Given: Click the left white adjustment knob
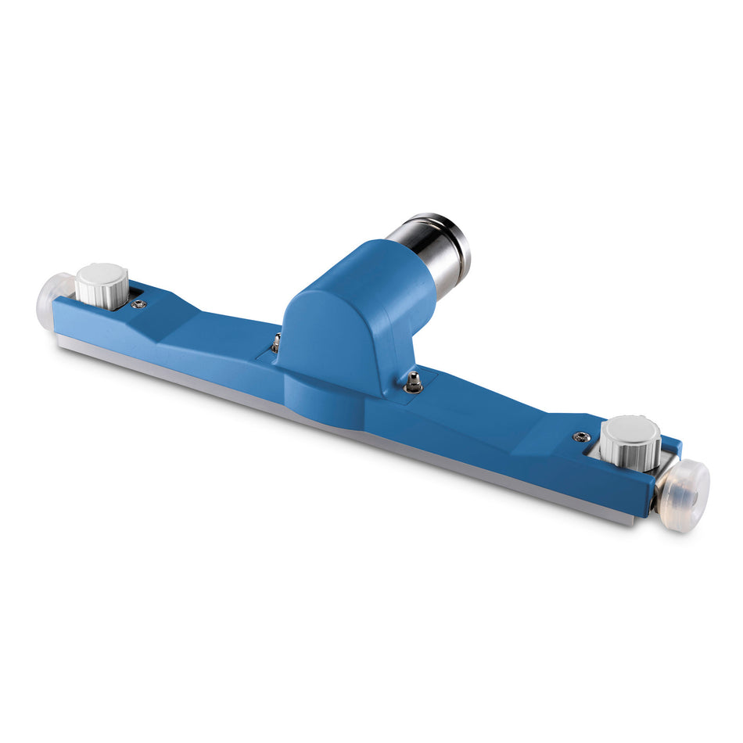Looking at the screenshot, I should pyautogui.click(x=102, y=285).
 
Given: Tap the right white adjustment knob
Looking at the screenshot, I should pyautogui.click(x=630, y=442).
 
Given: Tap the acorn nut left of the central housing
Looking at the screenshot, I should pyautogui.click(x=276, y=342).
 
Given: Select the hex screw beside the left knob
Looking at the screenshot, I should pyautogui.click(x=139, y=304).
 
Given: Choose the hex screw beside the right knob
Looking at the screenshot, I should pyautogui.click(x=580, y=437).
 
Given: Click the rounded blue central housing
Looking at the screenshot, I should pyautogui.click(x=344, y=313).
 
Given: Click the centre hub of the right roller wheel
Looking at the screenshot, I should pyautogui.click(x=691, y=489).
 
